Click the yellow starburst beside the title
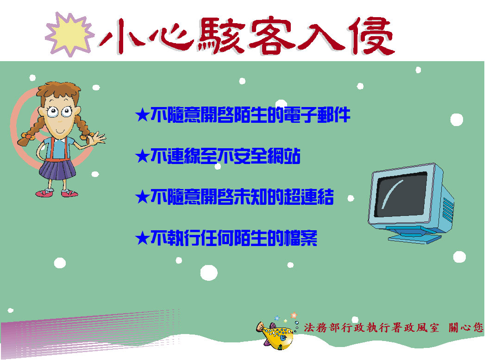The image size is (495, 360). coord(69,34)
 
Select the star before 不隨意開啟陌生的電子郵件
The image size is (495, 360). coord(142,115)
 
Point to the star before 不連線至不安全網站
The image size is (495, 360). coord(142,156)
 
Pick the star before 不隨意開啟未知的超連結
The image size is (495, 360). coord(142,197)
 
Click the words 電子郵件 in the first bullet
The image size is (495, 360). coord(317,114)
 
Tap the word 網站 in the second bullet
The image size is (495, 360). coord(283,156)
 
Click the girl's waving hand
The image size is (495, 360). coord(97,139)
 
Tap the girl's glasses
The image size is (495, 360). coord(59,111)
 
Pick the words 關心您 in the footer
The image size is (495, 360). coord(466,328)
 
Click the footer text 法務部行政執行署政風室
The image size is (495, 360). coord(371,328)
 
